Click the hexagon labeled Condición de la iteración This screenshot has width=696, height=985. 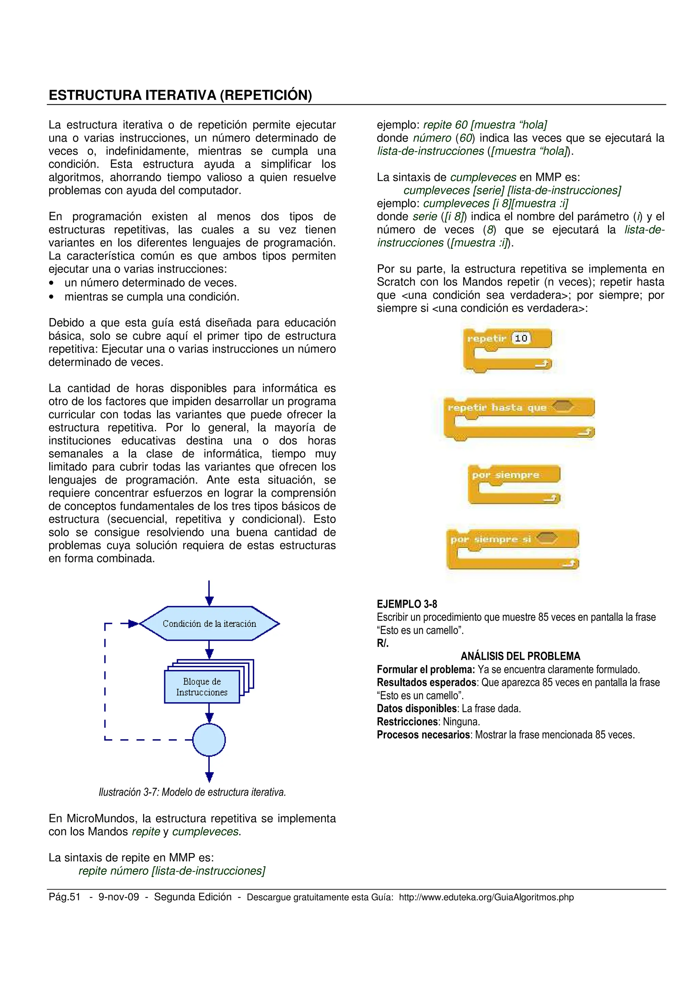pyautogui.click(x=209, y=623)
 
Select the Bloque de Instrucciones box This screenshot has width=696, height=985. pyautogui.click(x=202, y=687)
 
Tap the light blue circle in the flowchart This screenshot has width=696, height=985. pyautogui.click(x=209, y=740)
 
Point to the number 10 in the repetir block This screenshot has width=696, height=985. pyautogui.click(x=521, y=339)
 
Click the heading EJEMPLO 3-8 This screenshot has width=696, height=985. pyautogui.click(x=406, y=604)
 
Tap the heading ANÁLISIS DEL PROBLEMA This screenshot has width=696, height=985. pyautogui.click(x=520, y=656)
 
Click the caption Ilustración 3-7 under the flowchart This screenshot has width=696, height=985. pyautogui.click(x=192, y=792)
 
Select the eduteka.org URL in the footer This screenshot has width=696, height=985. pyautogui.click(x=486, y=897)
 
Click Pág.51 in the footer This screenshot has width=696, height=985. pyautogui.click(x=64, y=897)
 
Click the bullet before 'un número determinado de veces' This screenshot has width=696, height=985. pyautogui.click(x=51, y=283)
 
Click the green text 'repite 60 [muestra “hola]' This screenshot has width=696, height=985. pyautogui.click(x=485, y=125)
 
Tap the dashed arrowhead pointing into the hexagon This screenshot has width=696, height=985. pyautogui.click(x=133, y=623)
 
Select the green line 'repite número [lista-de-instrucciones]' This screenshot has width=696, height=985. pyautogui.click(x=172, y=871)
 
